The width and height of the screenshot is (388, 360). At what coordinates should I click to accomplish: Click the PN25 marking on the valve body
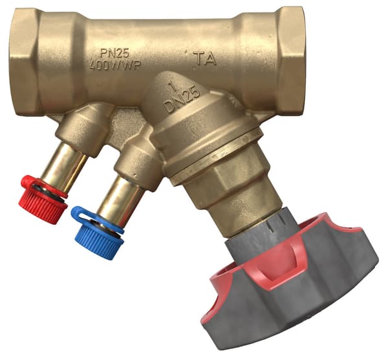point(114,53)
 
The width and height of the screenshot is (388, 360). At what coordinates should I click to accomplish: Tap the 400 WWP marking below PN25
point(115,65)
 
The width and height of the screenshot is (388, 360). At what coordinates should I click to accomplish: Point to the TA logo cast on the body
point(204,59)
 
